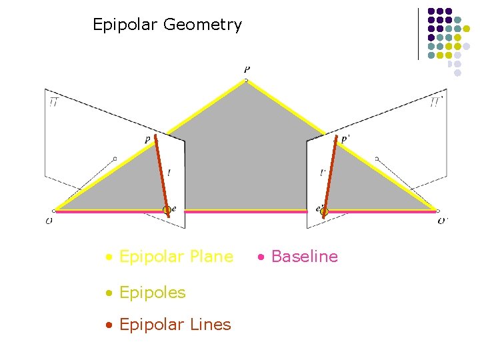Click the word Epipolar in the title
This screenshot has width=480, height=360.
125,25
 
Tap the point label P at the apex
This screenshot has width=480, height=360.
247,69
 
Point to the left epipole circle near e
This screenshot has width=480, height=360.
166,210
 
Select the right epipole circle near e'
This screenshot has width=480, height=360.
325,212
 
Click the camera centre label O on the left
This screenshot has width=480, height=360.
49,221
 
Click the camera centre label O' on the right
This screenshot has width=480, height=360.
443,221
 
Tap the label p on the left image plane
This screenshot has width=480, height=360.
147,140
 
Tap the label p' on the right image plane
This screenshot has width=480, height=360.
345,139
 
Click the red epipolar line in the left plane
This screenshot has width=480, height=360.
161,173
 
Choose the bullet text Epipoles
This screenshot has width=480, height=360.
152,292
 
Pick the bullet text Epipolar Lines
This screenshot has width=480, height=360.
175,325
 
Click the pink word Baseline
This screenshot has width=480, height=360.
305,257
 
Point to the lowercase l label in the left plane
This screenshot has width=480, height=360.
169,173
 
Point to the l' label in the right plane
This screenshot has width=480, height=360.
323,173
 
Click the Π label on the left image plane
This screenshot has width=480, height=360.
53,101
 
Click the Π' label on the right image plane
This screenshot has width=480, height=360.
437,101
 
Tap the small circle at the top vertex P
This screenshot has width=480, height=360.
246,81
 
